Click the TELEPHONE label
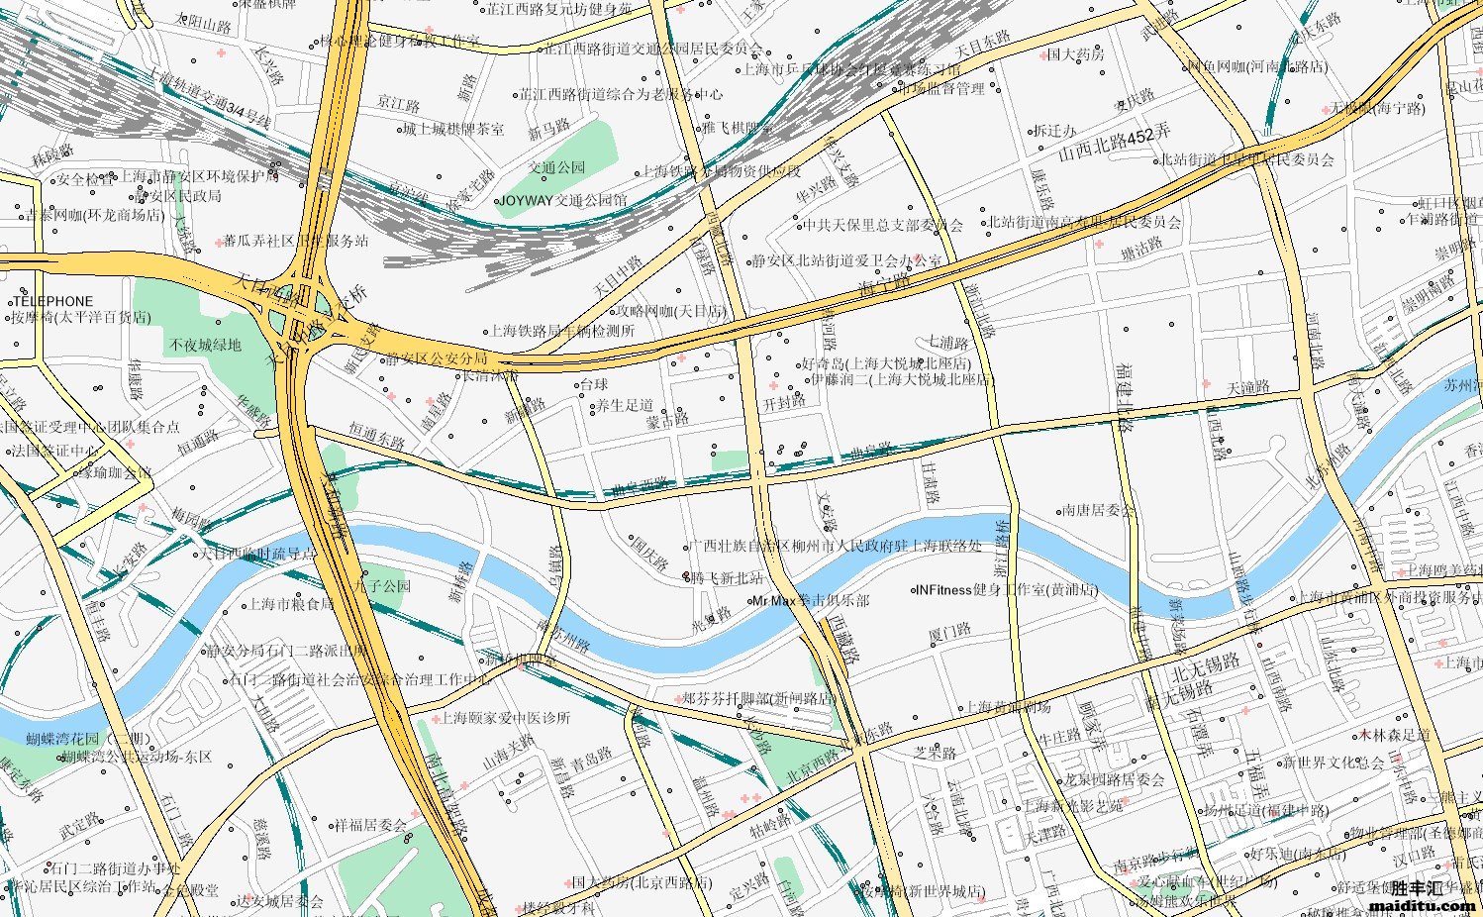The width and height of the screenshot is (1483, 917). [x=52, y=301]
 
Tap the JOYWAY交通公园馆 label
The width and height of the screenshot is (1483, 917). [x=562, y=200]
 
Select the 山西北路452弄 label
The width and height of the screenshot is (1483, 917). [x=1114, y=145]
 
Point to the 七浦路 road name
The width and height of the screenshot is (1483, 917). [x=947, y=343]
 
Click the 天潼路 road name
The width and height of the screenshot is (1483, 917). [x=1247, y=387]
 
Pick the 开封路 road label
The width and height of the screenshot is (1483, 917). [x=784, y=403]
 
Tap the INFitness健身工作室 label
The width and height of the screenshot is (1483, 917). [x=1007, y=590]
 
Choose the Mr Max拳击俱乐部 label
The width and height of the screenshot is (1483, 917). [x=810, y=601]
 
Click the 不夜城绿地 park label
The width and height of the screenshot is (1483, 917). [x=205, y=346]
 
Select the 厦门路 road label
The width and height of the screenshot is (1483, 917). [x=949, y=632]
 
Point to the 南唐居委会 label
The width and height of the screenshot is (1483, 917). [x=1098, y=511]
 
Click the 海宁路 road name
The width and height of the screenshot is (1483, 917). [x=883, y=288]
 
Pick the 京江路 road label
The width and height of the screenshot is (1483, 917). [x=398, y=104]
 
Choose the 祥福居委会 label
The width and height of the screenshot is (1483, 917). [x=369, y=824]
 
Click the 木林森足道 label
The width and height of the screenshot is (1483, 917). [x=1394, y=735]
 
